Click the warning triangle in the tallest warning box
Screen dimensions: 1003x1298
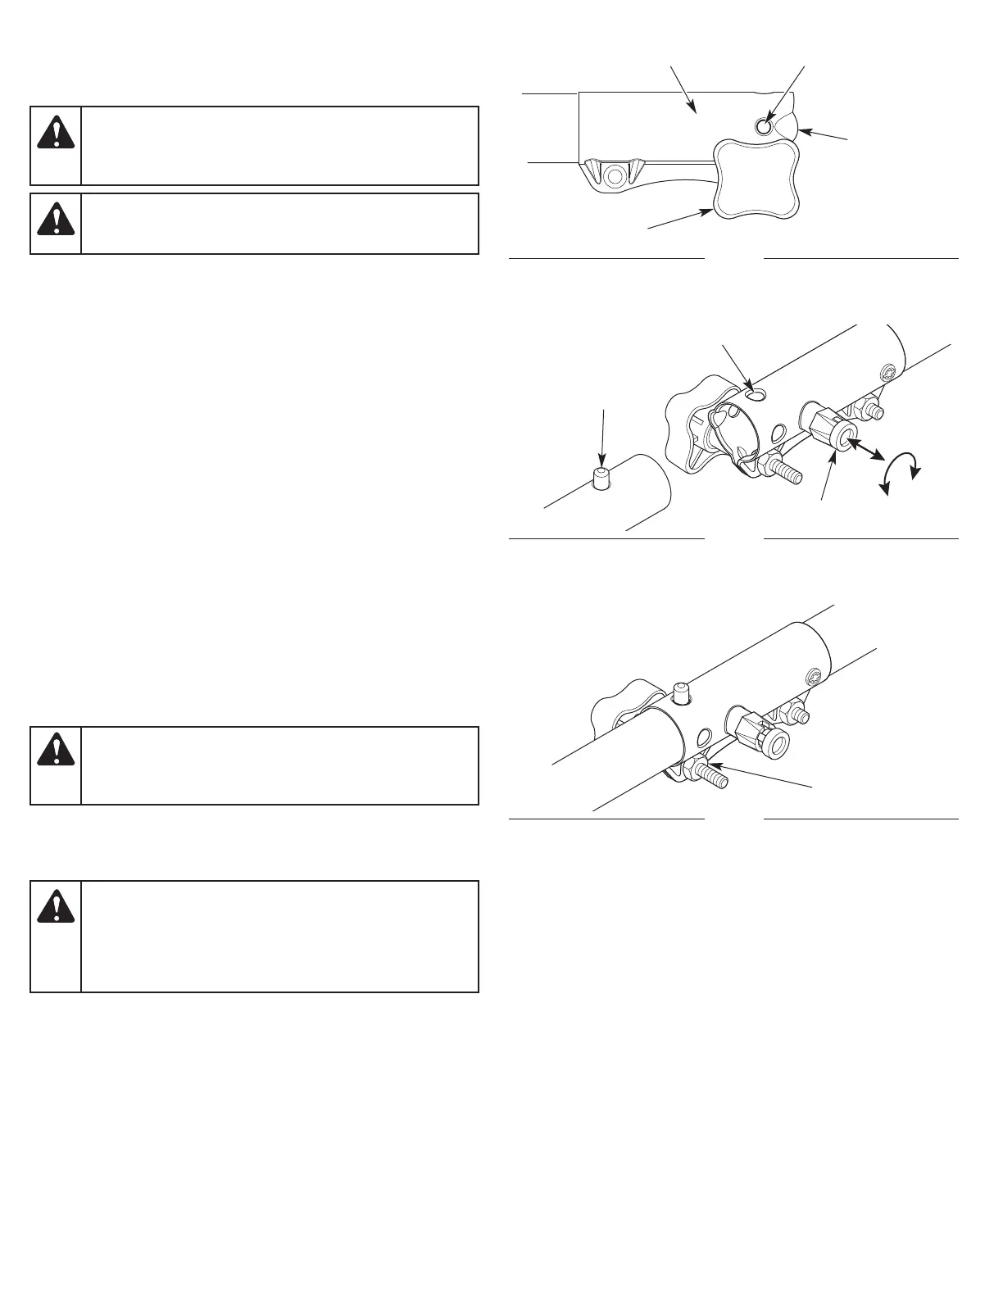pyautogui.click(x=56, y=905)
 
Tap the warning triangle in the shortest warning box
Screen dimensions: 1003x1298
pyautogui.click(x=56, y=217)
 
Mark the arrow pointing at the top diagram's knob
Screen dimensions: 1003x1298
pyautogui.click(x=679, y=219)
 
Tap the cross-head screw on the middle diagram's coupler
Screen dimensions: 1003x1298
pyautogui.click(x=888, y=373)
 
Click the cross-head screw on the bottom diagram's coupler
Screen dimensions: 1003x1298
pyautogui.click(x=814, y=676)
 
